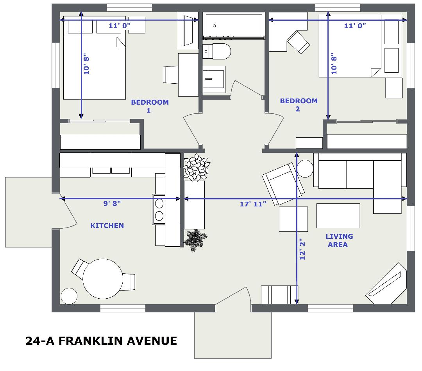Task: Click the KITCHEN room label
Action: click(107, 226)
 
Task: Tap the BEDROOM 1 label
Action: click(150, 106)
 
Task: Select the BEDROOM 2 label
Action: click(299, 105)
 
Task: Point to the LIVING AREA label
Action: click(339, 240)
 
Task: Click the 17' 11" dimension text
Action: click(253, 204)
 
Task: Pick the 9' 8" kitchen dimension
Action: click(112, 204)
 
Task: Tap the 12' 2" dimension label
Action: click(302, 249)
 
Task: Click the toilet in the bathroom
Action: click(216, 52)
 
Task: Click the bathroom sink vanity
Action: click(214, 79)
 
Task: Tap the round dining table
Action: click(103, 279)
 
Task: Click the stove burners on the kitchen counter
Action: click(159, 210)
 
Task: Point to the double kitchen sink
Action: click(111, 170)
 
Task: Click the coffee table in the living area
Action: click(338, 216)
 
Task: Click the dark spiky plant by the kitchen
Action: click(196, 240)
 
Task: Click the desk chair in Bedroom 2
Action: click(298, 43)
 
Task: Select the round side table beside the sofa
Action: click(305, 168)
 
